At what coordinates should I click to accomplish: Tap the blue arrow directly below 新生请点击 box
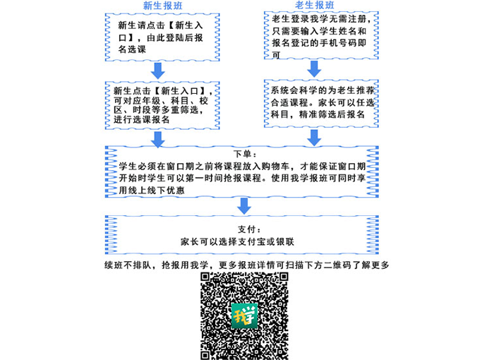pos(158,70)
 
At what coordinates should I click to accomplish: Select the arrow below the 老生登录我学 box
pos(314,68)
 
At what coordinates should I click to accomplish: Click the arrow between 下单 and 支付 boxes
pos(243,205)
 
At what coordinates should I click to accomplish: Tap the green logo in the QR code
pos(245,315)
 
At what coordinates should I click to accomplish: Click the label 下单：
pos(243,153)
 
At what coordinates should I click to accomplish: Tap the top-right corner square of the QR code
pos(280,279)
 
